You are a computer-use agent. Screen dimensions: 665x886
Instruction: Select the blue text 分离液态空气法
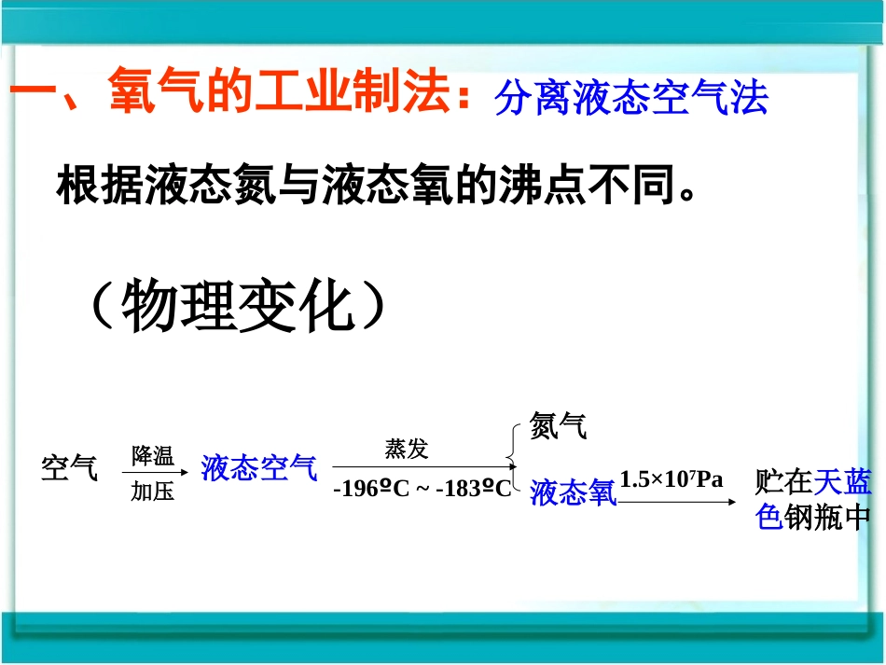(x=631, y=97)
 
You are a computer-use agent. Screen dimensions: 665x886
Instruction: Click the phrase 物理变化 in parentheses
(x=239, y=305)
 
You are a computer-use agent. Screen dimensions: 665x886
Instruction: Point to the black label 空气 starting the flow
(x=69, y=467)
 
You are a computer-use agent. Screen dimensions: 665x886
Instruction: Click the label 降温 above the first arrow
(x=152, y=456)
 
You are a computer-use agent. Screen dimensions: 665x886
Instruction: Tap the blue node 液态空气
(x=258, y=467)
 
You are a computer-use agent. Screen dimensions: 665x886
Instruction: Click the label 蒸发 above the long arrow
(x=407, y=449)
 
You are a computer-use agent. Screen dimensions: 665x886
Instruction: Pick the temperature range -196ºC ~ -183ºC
(x=422, y=488)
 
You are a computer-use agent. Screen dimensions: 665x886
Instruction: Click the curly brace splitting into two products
(x=515, y=458)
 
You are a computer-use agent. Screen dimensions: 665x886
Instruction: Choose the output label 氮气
(x=558, y=426)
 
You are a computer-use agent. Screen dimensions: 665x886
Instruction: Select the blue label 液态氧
(x=574, y=492)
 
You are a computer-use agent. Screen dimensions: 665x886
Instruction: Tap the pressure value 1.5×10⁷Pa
(x=671, y=479)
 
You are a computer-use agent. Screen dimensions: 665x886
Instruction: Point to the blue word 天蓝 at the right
(x=843, y=481)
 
